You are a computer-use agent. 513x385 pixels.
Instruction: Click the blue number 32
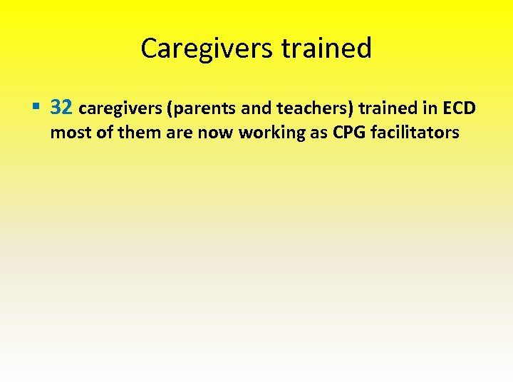click(62, 108)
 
